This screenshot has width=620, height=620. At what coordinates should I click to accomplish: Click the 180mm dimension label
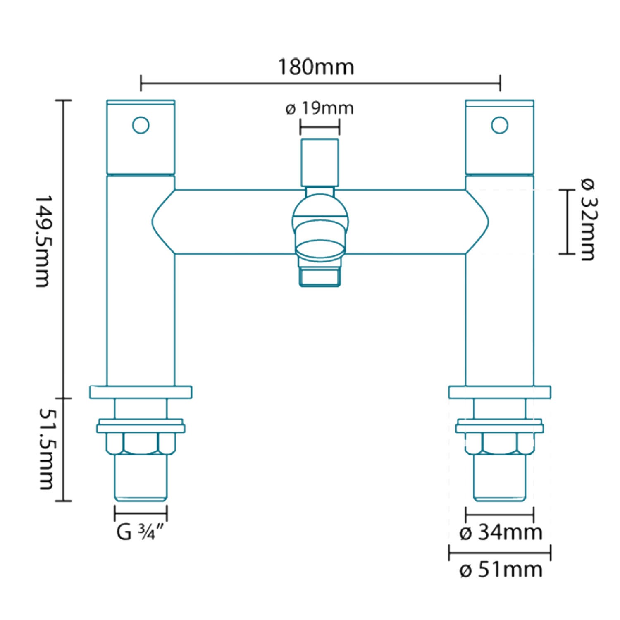click(316, 67)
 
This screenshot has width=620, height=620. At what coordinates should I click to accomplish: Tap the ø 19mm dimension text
click(320, 109)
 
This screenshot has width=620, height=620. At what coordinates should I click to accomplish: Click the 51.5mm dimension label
click(46, 449)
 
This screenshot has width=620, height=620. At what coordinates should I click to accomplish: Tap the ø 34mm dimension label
click(501, 532)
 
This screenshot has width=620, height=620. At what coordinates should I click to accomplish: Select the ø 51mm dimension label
click(501, 570)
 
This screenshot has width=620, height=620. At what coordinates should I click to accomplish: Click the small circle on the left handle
click(141, 125)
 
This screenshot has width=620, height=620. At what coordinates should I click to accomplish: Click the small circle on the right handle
click(499, 125)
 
